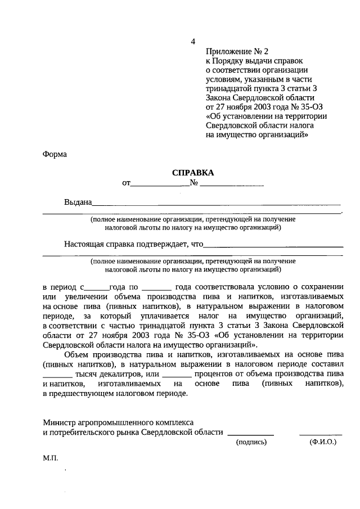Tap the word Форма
(x=55, y=155)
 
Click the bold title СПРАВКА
(x=193, y=173)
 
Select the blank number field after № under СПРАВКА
(x=232, y=184)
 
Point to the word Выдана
(x=77, y=202)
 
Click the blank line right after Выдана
(x=217, y=204)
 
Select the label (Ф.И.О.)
(x=322, y=443)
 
